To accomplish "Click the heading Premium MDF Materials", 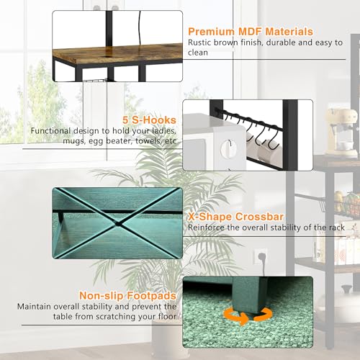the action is (251, 32).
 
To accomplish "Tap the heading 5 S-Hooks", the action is (149, 120).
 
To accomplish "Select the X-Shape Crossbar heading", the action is (235, 217).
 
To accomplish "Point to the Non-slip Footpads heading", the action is (127, 296).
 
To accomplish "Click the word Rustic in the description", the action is (199, 42).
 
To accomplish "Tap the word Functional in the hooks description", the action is (50, 131).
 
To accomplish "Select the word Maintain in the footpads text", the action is (34, 307).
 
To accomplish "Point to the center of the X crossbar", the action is (117, 224).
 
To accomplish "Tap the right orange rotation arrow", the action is (264, 314).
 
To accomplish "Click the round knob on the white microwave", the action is (228, 148).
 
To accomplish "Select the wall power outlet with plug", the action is (261, 256).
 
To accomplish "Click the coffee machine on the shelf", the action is (341, 132).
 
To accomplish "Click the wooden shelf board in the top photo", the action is (117, 53).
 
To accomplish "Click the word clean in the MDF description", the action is (198, 53).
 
